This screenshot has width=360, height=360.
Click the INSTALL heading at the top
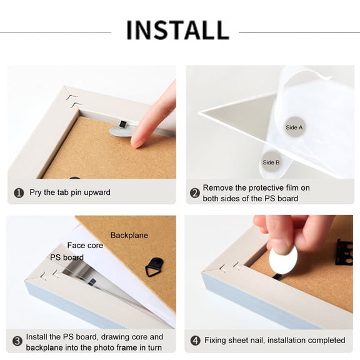[178, 30]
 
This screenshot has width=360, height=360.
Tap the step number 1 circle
[19, 193]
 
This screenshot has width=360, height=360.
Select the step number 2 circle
[195, 193]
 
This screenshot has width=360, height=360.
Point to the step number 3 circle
[17, 341]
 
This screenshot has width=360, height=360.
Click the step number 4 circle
[196, 341]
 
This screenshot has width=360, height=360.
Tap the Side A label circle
[294, 127]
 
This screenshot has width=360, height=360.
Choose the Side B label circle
[271, 162]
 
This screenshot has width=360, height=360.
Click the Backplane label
[129, 236]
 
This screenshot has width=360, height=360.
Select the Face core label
[85, 246]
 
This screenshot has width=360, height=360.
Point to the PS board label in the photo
[67, 257]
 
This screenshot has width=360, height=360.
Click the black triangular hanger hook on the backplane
[155, 267]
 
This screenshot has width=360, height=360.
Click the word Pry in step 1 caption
[36, 192]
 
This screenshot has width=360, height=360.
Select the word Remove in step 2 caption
[217, 187]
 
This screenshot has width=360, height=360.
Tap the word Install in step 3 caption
[36, 337]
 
